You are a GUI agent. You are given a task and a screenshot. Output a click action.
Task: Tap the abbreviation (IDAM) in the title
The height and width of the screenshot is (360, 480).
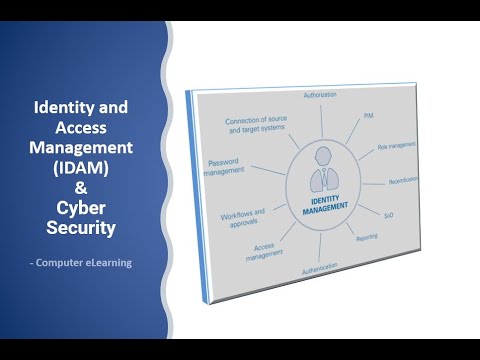pyautogui.click(x=86, y=166)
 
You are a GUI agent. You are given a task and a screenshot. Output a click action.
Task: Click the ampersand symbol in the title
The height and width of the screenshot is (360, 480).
pyautogui.click(x=86, y=187)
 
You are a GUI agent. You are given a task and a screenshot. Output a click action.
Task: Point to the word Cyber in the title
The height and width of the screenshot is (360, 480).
pyautogui.click(x=86, y=207)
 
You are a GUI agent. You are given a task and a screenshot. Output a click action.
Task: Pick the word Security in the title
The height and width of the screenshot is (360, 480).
pyautogui.click(x=86, y=228)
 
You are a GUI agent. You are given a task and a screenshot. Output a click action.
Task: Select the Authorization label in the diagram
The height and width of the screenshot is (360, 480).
pyautogui.click(x=319, y=95)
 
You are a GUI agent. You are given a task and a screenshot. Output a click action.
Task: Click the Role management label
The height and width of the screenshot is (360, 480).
pyautogui.click(x=395, y=148)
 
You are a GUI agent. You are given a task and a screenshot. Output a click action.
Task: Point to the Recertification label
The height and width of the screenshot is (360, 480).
pyautogui.click(x=407, y=183)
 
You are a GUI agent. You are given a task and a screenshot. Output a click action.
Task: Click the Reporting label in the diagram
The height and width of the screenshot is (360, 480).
pyautogui.click(x=366, y=238)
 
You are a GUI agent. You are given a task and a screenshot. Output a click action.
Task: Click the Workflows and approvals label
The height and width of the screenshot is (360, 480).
pyautogui.click(x=243, y=216)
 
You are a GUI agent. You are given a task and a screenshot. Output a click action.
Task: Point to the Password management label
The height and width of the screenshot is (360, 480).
pyautogui.click(x=226, y=166)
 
